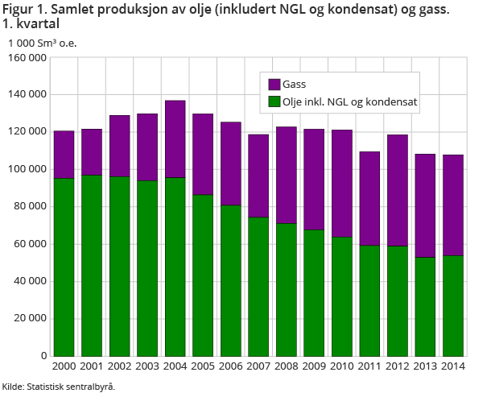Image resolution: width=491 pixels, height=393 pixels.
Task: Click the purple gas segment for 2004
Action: coord(175,139)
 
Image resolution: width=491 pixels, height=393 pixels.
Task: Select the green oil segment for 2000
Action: coord(64,267)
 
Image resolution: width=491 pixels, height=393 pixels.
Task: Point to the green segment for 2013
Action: coord(425,306)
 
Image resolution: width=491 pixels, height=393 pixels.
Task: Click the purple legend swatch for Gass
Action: coord(274,84)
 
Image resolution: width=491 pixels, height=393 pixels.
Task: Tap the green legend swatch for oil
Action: coord(274,102)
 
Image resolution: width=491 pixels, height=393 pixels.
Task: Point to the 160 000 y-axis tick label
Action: coord(27,58)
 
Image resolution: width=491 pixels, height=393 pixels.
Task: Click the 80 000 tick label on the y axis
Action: coord(30,207)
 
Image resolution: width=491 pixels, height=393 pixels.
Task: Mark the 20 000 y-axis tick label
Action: coord(30,318)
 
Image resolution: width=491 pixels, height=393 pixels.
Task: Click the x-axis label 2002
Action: coord(120,366)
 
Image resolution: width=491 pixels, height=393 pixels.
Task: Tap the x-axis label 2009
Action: coord(314,366)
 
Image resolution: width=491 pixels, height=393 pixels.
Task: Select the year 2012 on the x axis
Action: coord(398,366)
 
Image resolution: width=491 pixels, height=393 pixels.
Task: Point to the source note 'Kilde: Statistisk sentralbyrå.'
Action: coord(58,386)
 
